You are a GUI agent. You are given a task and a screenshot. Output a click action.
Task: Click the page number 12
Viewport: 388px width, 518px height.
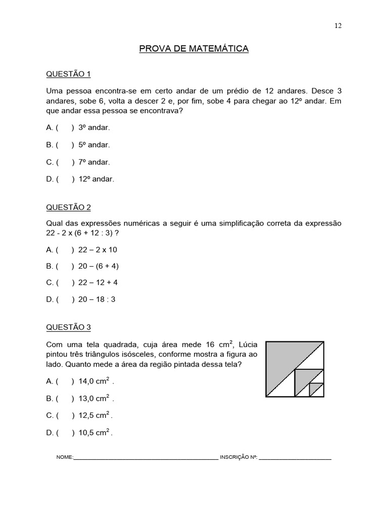click(338, 26)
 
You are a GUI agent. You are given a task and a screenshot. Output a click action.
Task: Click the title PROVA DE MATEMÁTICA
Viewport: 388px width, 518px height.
click(194, 49)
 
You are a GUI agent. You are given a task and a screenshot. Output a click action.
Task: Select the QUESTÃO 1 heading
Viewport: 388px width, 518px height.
click(68, 74)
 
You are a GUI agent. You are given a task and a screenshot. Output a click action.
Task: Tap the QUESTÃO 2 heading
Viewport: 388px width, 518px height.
click(68, 207)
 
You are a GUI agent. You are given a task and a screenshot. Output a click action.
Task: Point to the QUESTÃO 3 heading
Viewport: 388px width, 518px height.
click(68, 327)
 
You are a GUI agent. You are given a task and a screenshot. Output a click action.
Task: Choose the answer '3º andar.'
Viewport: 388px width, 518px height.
click(94, 127)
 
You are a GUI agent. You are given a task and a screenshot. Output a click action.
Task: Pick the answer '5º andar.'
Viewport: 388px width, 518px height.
click(94, 145)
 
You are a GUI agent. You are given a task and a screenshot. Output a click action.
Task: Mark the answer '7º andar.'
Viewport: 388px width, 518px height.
click(94, 162)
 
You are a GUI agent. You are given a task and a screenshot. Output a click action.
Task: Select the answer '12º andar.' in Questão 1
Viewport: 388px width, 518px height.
click(96, 179)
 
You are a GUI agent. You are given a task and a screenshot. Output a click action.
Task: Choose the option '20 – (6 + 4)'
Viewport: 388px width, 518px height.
click(99, 266)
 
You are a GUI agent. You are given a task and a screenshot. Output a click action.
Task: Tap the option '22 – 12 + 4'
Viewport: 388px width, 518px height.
click(98, 282)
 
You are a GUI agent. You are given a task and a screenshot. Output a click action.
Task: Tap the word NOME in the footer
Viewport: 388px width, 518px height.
click(65, 457)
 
